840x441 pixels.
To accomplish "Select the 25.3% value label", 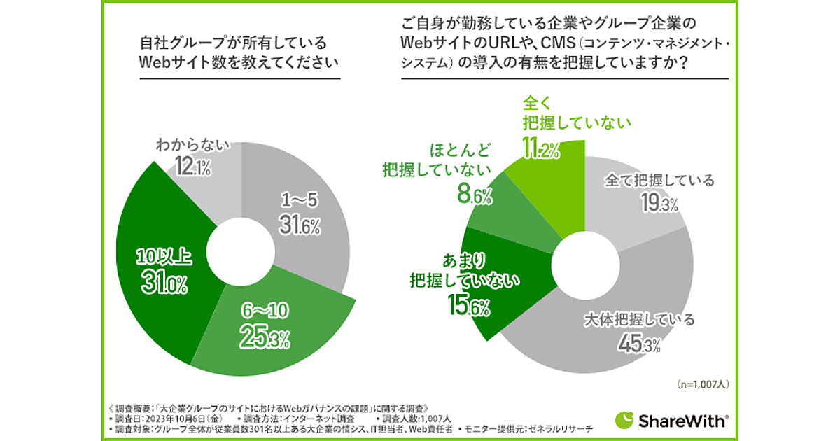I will click(265, 339).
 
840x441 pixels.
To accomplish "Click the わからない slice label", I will click(193, 146).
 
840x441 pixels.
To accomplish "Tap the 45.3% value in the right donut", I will click(638, 344).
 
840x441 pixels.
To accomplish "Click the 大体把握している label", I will click(638, 321).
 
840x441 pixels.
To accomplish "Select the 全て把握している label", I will click(659, 181).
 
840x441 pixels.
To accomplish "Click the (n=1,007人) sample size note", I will click(702, 384).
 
